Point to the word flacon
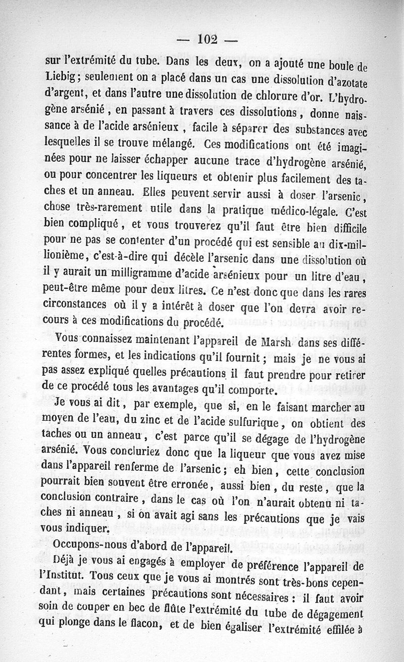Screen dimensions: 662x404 [144, 627]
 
